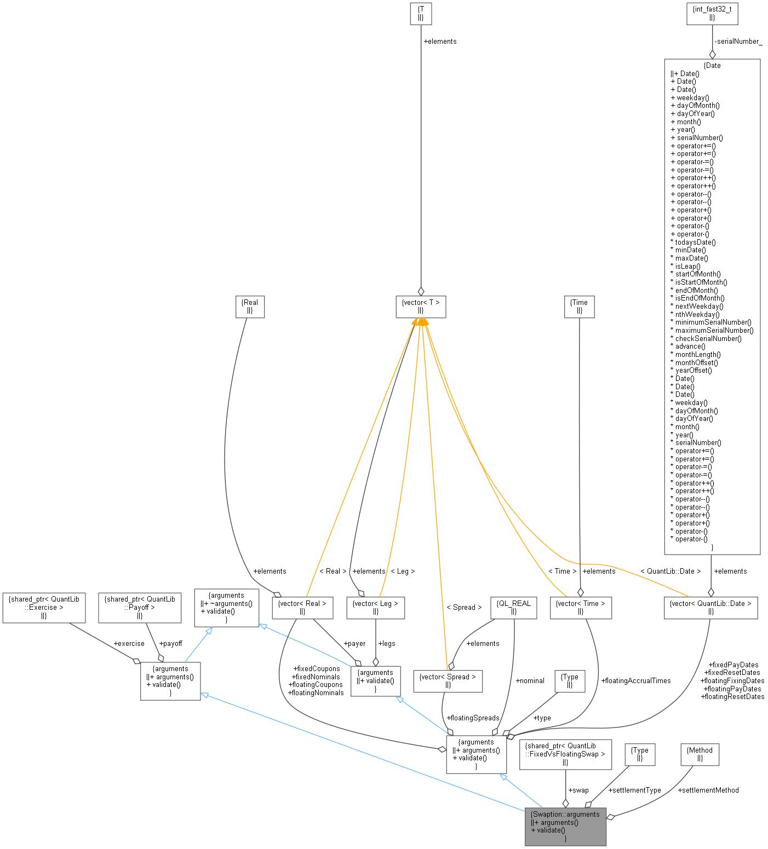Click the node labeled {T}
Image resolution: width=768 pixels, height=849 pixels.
click(421, 13)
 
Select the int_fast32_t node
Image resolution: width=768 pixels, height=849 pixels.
click(712, 13)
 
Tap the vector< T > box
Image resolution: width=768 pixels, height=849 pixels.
click(421, 306)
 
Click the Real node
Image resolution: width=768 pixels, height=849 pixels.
click(250, 306)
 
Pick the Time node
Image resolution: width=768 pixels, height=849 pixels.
click(579, 306)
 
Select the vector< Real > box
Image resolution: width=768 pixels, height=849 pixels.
click(302, 607)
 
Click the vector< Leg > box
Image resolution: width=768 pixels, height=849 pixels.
click(376, 607)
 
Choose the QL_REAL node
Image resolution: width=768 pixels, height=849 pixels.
click(514, 607)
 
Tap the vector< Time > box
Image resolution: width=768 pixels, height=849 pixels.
click(581, 607)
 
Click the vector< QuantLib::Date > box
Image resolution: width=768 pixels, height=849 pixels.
click(710, 607)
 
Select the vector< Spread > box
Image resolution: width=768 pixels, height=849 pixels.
click(448, 680)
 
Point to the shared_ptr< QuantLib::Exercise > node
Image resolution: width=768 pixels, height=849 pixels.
click(44, 607)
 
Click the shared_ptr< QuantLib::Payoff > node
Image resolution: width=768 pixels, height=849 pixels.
click(140, 607)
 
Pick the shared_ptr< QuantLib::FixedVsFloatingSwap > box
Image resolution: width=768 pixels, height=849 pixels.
click(565, 754)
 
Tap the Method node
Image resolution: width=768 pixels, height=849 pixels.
click(700, 754)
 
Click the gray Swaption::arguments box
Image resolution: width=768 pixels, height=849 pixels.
click(565, 826)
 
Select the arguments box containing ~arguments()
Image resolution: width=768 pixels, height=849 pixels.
click(227, 607)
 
